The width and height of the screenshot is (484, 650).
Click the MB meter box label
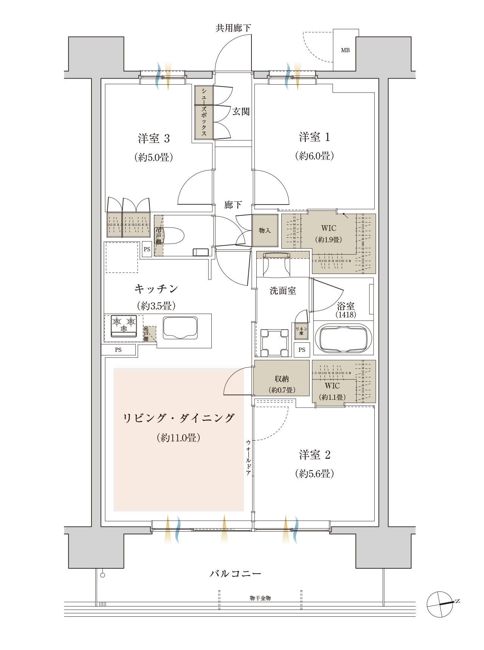coord(345,50)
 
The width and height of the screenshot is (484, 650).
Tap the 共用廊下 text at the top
coord(233,28)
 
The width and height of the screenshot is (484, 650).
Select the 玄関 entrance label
coord(241,111)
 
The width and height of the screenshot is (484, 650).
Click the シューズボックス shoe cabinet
coord(204,112)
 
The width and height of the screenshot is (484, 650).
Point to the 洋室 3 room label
coord(154,139)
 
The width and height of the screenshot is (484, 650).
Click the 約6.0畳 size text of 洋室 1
coord(314,156)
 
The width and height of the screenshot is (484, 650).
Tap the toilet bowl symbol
coord(172,235)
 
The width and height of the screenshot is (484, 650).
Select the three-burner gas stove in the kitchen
coord(124,326)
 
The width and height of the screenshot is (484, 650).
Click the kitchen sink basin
coord(180,328)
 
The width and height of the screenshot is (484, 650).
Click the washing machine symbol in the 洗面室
coord(274,343)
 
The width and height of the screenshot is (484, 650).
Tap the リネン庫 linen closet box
coord(301,331)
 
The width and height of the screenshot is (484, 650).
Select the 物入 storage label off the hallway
coord(265,230)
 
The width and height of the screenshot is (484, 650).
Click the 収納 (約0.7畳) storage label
coord(282,384)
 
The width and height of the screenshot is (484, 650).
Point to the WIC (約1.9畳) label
coord(329,234)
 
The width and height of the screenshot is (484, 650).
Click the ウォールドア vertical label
coord(248,457)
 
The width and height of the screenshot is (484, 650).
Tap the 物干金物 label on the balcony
coord(260,598)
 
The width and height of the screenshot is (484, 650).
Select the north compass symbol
coord(441,604)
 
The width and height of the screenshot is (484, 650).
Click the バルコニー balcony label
coord(235,574)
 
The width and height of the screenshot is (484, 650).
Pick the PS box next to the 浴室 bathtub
coord(302,350)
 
